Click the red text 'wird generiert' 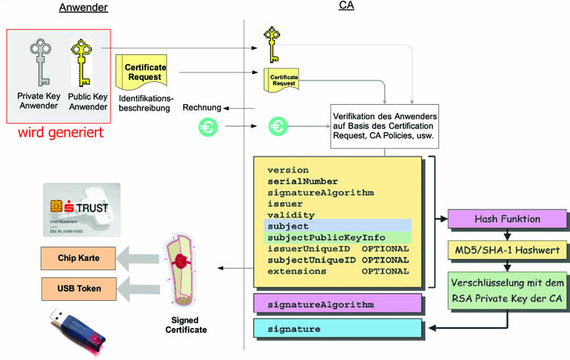click(x=61, y=133)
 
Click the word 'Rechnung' click(x=201, y=108)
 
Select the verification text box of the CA click(x=384, y=126)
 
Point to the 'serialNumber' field click(x=303, y=181)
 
